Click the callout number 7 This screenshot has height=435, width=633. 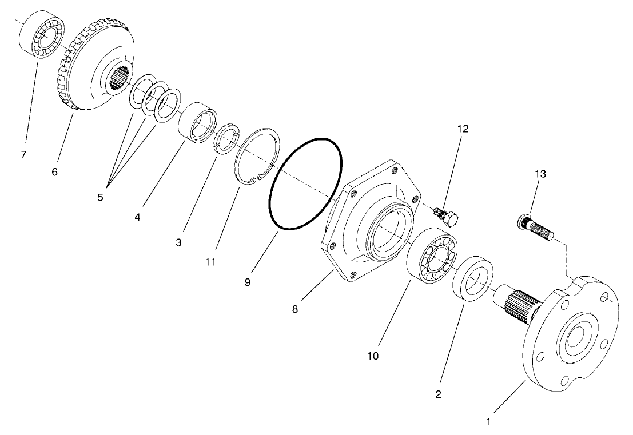[23, 155]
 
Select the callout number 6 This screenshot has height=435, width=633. [54, 171]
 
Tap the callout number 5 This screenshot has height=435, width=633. [101, 198]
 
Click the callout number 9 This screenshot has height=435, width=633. [247, 282]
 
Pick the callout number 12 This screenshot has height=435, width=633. [463, 129]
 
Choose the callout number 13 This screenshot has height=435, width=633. [540, 174]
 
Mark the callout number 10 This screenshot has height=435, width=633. [373, 356]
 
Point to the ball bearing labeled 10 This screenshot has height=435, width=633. [432, 258]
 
